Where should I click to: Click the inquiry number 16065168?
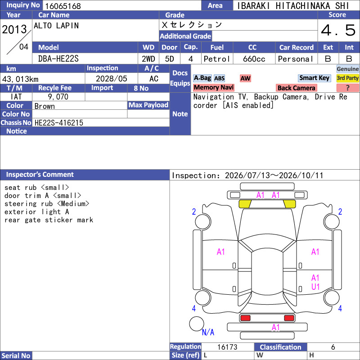click(x=63, y=6)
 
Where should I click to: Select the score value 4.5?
click(x=338, y=30)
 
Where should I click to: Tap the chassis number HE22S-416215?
click(x=59, y=122)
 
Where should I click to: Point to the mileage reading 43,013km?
click(x=20, y=79)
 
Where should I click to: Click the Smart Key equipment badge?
click(x=315, y=78)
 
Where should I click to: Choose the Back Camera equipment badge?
click(x=296, y=88)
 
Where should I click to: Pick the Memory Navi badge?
click(x=213, y=87)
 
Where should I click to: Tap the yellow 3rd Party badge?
click(x=347, y=78)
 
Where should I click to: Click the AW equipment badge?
click(x=245, y=78)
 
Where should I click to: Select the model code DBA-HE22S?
click(x=58, y=59)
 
